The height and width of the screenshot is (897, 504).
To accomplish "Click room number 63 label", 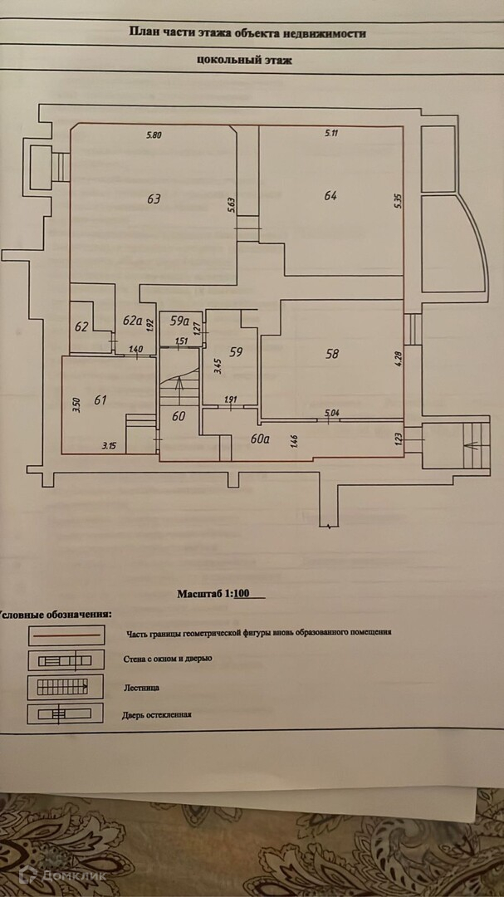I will (x=154, y=199).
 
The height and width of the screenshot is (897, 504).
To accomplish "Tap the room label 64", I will (x=330, y=196).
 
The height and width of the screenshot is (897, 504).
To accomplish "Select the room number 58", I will (x=332, y=354).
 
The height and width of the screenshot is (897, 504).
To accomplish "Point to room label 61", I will (x=101, y=400).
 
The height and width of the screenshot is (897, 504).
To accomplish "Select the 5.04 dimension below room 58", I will (x=331, y=412).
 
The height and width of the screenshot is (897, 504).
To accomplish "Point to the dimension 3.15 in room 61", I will (x=109, y=446).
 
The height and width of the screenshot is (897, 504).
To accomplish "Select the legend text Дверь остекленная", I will (x=156, y=713).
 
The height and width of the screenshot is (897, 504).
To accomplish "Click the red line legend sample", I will (x=67, y=635).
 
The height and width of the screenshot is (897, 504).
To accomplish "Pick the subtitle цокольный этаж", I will (x=245, y=60).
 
